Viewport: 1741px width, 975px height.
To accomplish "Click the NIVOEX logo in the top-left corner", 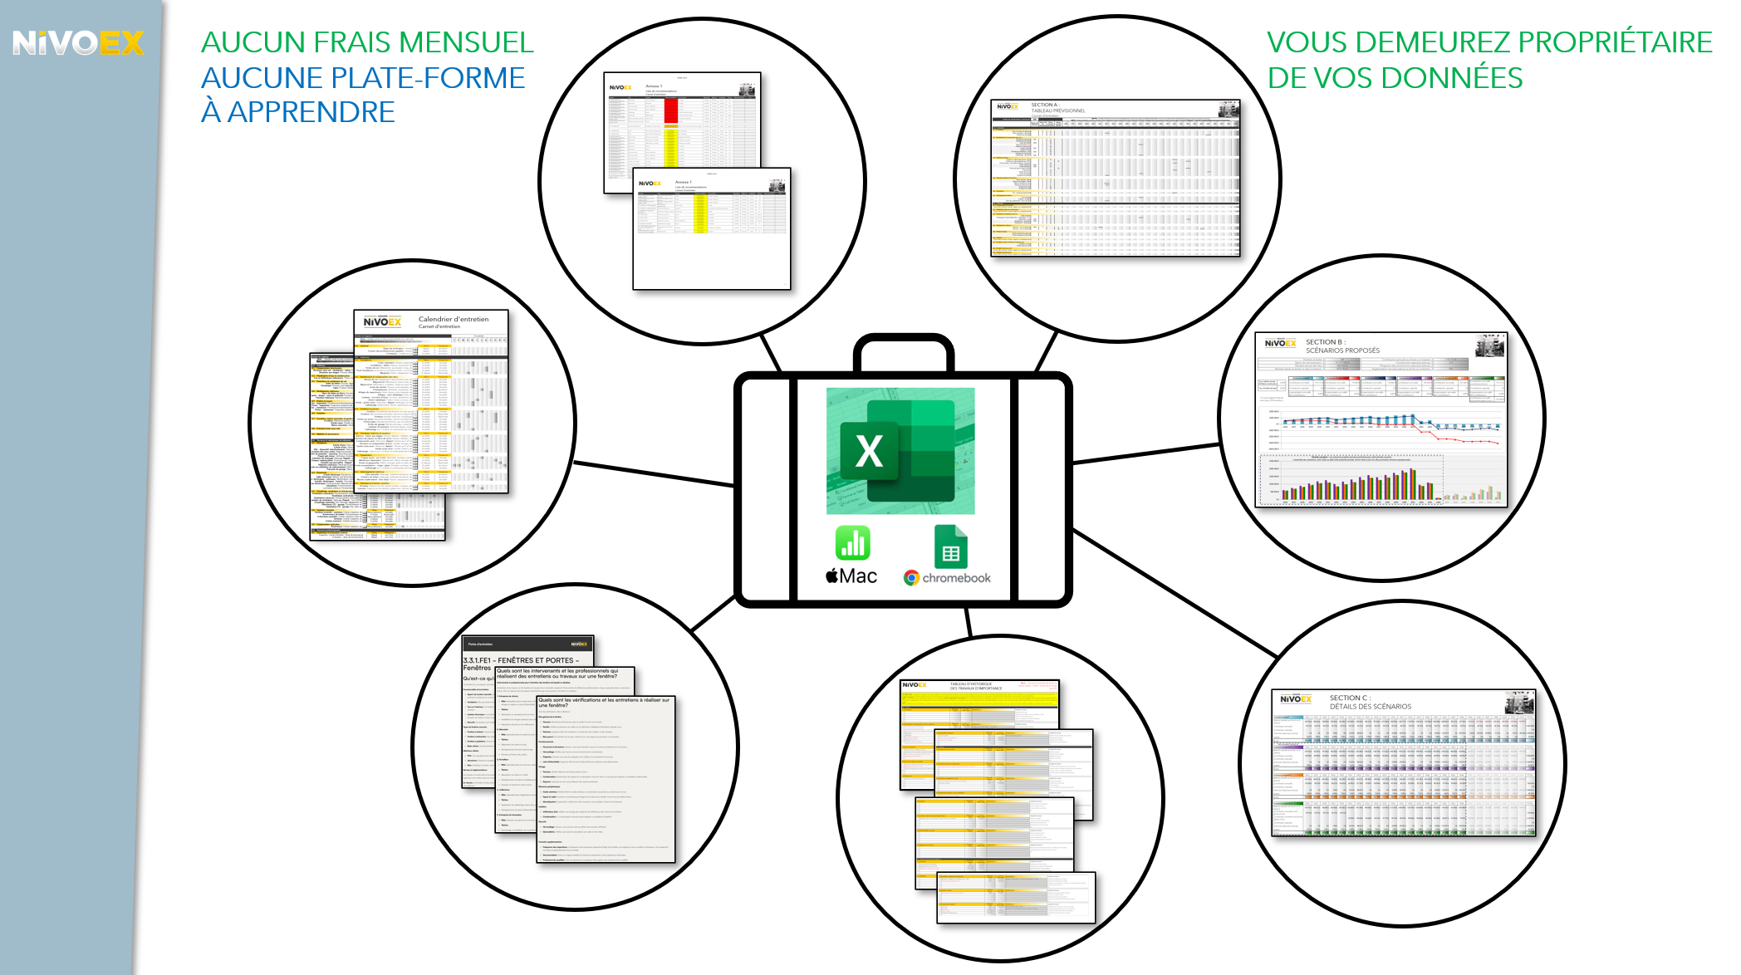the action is pos(78,42).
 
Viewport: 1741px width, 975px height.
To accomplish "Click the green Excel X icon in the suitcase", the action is pos(870,451).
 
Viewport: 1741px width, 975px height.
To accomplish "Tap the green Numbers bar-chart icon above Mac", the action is pos(852,543).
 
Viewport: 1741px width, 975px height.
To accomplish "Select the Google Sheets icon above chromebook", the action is pos(950,546).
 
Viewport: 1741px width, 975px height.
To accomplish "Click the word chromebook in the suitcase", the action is pos(956,578).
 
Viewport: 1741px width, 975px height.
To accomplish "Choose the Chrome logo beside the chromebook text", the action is pos(911,578).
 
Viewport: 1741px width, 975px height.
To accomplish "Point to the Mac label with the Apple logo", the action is pos(851,576).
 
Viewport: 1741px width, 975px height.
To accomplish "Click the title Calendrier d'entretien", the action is pos(454,319).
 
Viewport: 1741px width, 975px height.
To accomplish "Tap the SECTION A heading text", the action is pos(1044,105).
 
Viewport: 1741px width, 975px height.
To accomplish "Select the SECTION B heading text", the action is pos(1325,342).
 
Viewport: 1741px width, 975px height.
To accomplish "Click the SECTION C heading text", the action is pos(1350,698).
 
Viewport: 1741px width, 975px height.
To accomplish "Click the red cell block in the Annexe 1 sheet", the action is pos(671,110).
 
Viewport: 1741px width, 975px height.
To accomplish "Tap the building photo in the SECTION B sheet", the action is pos(1489,345).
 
